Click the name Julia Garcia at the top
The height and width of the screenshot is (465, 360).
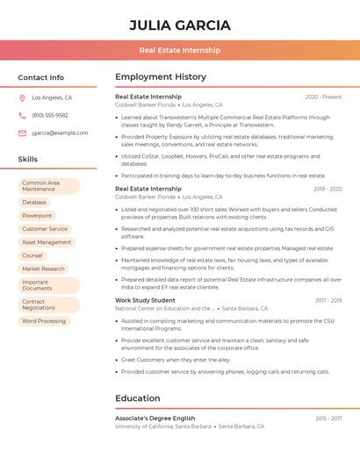pyautogui.click(x=179, y=25)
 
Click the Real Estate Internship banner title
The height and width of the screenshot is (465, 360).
pyautogui.click(x=179, y=51)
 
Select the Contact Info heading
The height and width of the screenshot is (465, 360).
pyautogui.click(x=40, y=77)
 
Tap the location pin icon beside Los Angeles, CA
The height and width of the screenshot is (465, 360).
pyautogui.click(x=22, y=98)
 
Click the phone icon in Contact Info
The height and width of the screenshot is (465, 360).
pyautogui.click(x=22, y=116)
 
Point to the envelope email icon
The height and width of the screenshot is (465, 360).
pyautogui.click(x=22, y=133)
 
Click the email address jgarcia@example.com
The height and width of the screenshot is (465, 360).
pyautogui.click(x=60, y=133)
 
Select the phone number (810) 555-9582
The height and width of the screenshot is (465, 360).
pyautogui.click(x=50, y=116)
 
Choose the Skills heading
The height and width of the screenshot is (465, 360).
pyautogui.click(x=28, y=160)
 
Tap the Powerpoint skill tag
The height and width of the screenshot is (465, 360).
pyautogui.click(x=37, y=215)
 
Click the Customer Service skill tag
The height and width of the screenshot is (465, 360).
pyautogui.click(x=45, y=229)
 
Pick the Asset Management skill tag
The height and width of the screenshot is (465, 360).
pyautogui.click(x=47, y=242)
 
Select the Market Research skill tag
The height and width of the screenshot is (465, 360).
pyautogui.click(x=43, y=269)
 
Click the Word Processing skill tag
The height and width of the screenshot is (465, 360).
pyautogui.click(x=44, y=321)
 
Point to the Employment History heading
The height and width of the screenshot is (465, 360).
pyautogui.click(x=161, y=77)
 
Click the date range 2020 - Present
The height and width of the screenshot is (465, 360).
pyautogui.click(x=323, y=97)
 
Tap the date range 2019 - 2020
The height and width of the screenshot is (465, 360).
pyautogui.click(x=328, y=189)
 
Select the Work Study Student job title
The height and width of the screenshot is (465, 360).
pyautogui.click(x=145, y=300)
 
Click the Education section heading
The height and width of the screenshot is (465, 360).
pyautogui.click(x=137, y=398)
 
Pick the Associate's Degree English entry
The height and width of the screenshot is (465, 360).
pyautogui.click(x=155, y=418)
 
